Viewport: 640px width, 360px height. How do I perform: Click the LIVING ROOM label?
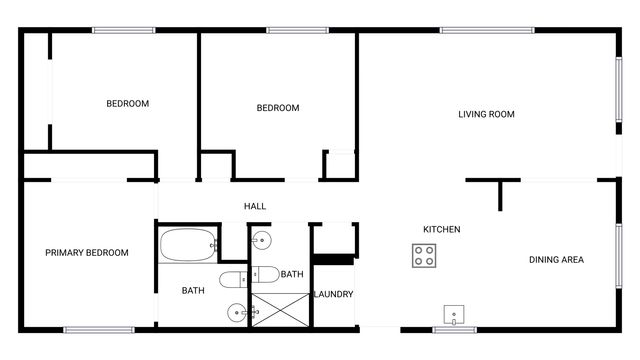(486, 114)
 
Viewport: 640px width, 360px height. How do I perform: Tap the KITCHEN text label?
(441, 230)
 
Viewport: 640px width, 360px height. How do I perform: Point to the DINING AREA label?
(556, 260)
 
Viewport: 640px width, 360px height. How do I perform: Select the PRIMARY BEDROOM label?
(87, 253)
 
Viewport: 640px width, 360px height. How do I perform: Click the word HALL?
(255, 206)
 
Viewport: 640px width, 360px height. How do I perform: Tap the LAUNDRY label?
(333, 294)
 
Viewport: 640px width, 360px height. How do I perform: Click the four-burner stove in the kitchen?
(425, 255)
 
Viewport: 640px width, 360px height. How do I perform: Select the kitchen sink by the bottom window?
(455, 315)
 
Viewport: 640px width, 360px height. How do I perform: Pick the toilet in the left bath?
(231, 278)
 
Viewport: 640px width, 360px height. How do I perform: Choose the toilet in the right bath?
(264, 274)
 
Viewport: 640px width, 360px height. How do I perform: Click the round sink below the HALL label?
(261, 240)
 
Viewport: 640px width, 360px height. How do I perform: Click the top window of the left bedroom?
(123, 30)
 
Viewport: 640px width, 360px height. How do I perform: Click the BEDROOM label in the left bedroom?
(128, 104)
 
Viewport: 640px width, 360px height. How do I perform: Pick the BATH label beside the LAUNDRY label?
(292, 274)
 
